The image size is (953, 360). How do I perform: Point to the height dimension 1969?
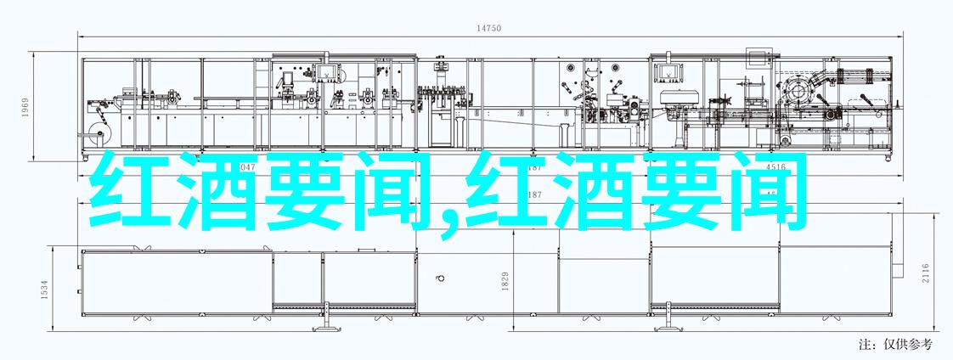pyautogui.click(x=25, y=107)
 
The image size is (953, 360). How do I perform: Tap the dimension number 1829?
pyautogui.click(x=505, y=280)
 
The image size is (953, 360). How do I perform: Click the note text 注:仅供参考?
pyautogui.click(x=895, y=344)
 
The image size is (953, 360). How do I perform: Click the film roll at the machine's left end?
pyautogui.click(x=95, y=129)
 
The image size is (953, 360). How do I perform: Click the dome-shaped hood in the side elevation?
pyautogui.click(x=676, y=96)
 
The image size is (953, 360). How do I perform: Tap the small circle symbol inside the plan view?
pyautogui.click(x=440, y=277)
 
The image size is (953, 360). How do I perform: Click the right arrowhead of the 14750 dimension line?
pyautogui.click(x=890, y=37)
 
